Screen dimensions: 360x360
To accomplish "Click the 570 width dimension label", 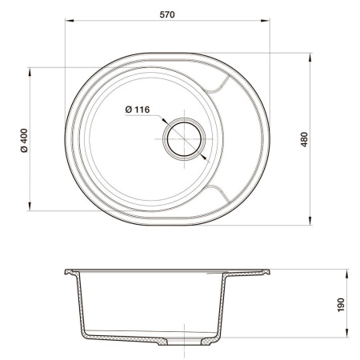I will pos(167,14).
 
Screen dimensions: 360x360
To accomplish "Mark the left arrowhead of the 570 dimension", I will pos(66,26).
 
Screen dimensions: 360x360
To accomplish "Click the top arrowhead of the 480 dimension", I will pos(311,56).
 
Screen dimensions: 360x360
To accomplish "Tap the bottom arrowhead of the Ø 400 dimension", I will pos(32,209).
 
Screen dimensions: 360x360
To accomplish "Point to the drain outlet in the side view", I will pos(185,344).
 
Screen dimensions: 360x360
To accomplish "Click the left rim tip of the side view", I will pos(66,273).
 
